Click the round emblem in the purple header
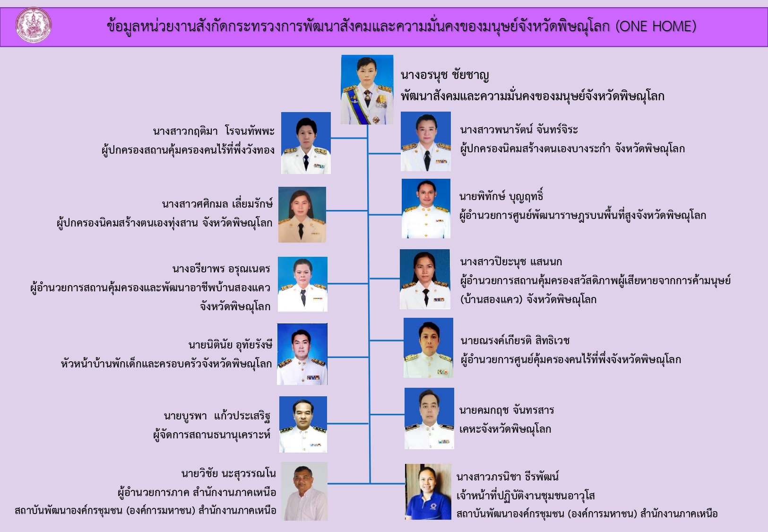34,26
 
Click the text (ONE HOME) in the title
656,26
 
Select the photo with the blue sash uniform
367,89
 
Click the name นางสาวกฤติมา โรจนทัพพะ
214,131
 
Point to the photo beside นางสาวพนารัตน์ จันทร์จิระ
426,141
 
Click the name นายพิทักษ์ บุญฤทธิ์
501,196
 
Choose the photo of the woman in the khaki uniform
302,215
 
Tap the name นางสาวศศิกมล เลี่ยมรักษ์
217,204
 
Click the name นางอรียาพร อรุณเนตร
221,269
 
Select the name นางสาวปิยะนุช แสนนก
511,262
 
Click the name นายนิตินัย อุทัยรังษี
231,344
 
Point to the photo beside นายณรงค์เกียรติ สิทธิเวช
428,348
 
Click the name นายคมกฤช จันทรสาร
507,410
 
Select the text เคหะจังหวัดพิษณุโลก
505,429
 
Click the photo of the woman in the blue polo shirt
428,492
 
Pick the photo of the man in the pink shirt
304,491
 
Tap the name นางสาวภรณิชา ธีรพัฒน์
508,476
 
